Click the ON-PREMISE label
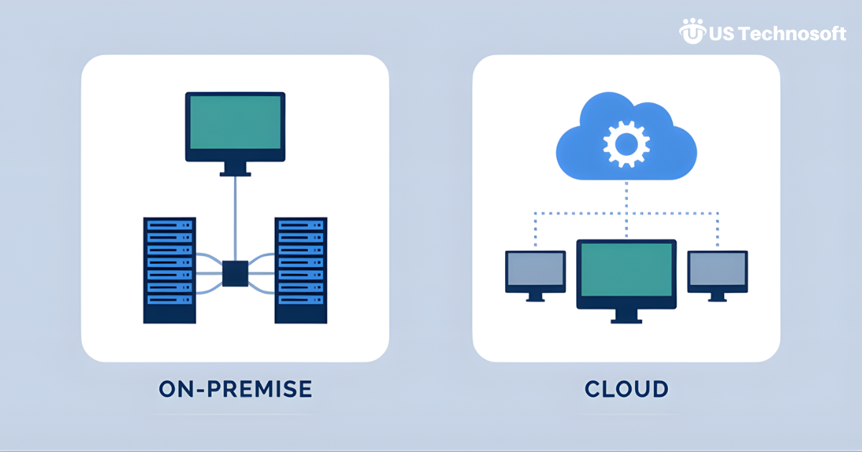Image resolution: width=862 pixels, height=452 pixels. point(235,390)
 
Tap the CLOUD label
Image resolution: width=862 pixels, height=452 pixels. point(626,390)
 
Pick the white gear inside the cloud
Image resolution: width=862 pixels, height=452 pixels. point(626,143)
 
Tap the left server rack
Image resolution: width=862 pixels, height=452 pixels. point(170,269)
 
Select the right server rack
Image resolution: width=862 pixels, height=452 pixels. point(300,269)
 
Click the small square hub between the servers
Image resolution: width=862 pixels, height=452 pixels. point(235,273)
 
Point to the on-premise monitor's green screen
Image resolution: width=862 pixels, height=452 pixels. point(235,122)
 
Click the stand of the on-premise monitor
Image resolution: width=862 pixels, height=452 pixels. point(235,169)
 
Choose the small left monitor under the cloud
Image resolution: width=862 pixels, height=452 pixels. point(535,270)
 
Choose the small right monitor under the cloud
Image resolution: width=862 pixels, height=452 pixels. point(718,270)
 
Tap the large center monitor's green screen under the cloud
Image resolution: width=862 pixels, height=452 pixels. point(626,269)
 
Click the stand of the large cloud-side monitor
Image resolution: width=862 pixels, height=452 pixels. point(626,316)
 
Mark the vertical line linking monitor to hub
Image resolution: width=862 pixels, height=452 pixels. point(235,215)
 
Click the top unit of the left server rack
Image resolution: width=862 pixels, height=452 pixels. point(170,225)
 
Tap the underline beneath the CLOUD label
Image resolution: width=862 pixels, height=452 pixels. point(626,414)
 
